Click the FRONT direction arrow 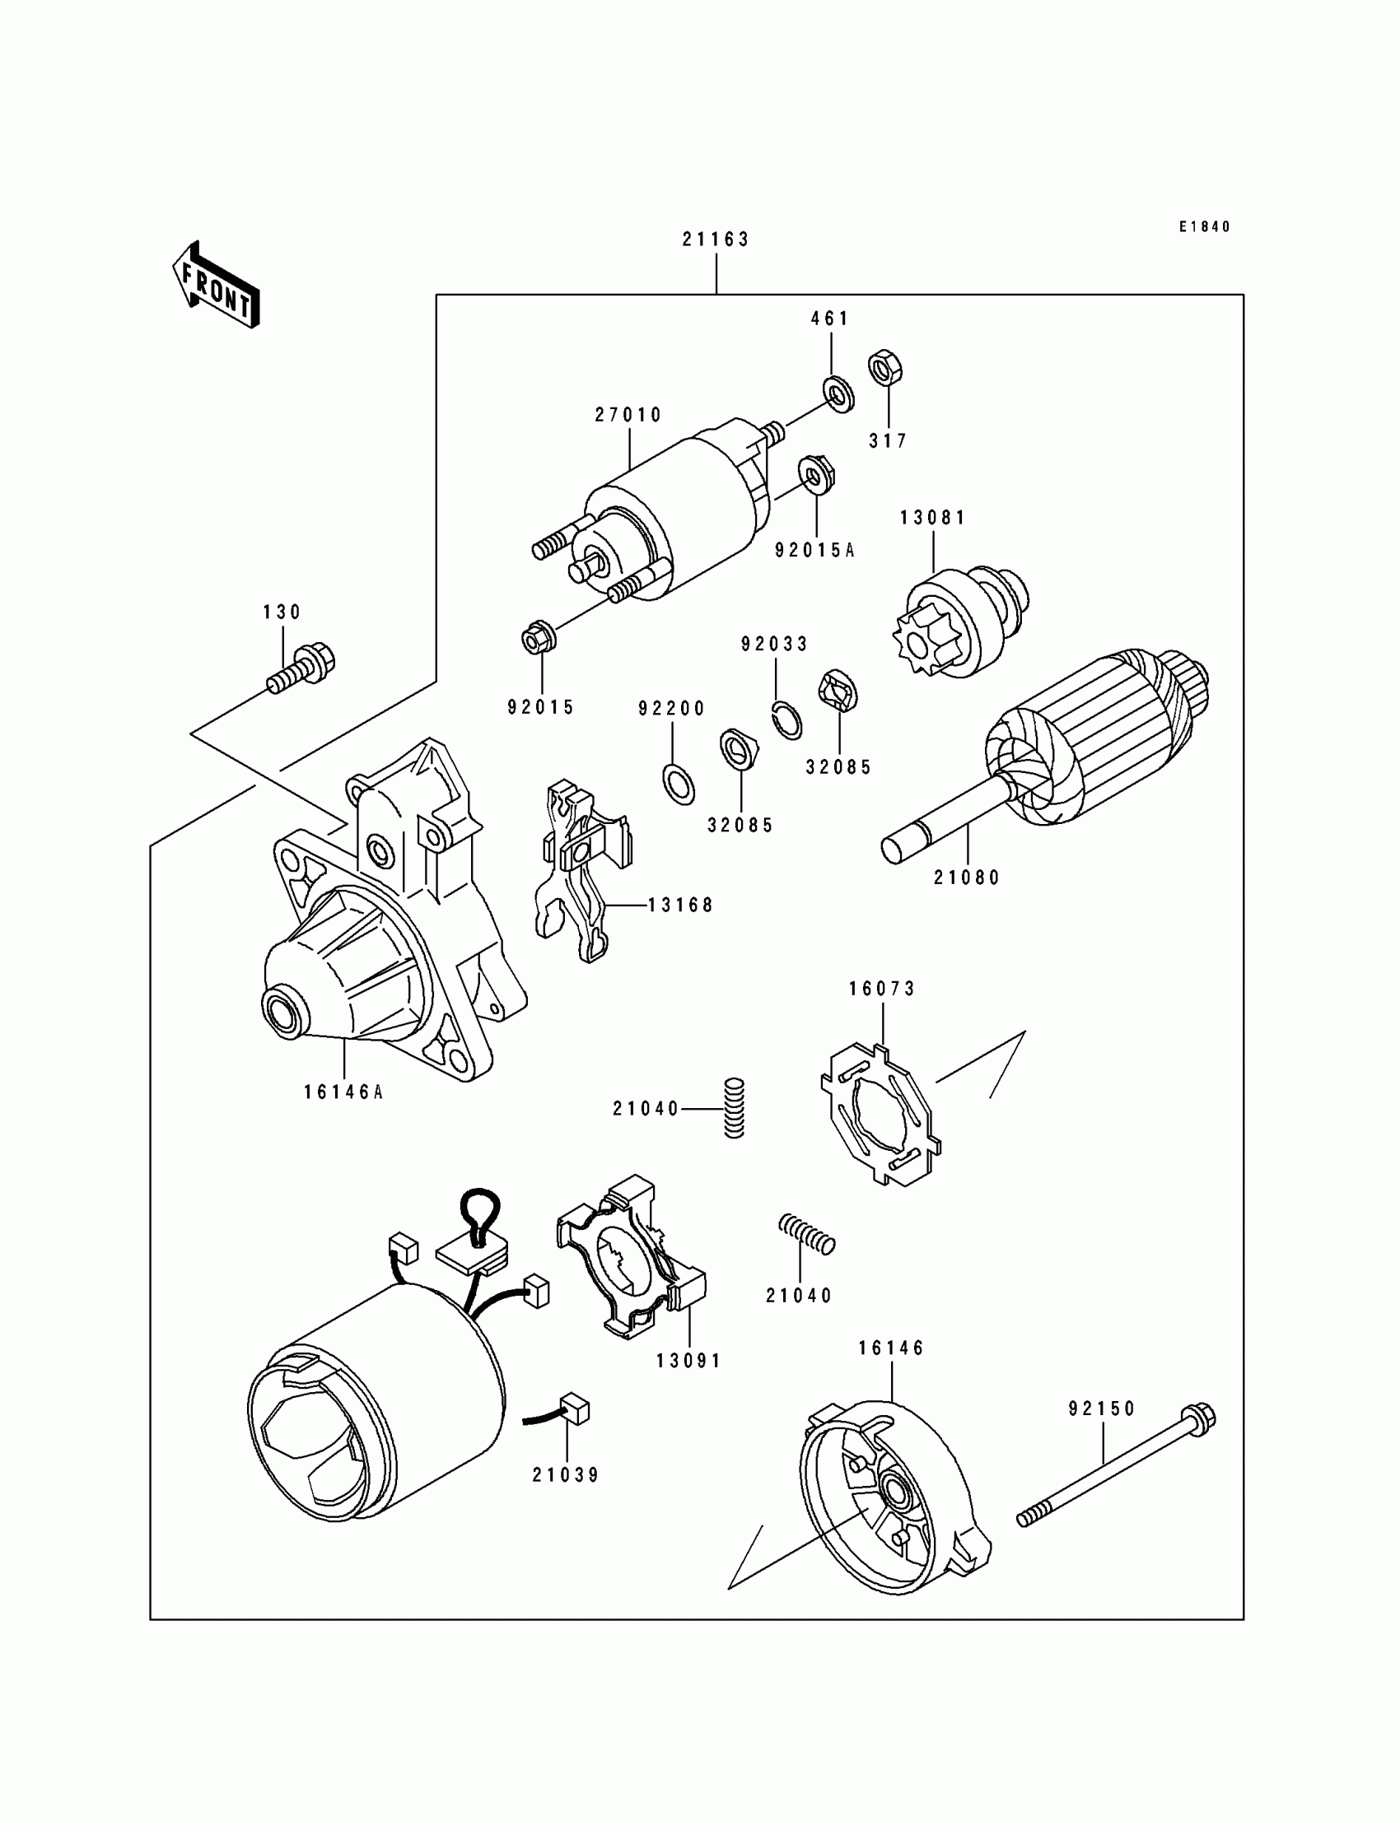pyautogui.click(x=215, y=286)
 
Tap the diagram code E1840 pyautogui.click(x=1203, y=226)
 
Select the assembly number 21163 pyautogui.click(x=716, y=240)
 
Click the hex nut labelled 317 pyautogui.click(x=886, y=367)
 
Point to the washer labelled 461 pyautogui.click(x=838, y=395)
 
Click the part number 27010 pyautogui.click(x=628, y=415)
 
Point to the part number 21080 pyautogui.click(x=967, y=877)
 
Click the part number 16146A pyautogui.click(x=343, y=1092)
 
